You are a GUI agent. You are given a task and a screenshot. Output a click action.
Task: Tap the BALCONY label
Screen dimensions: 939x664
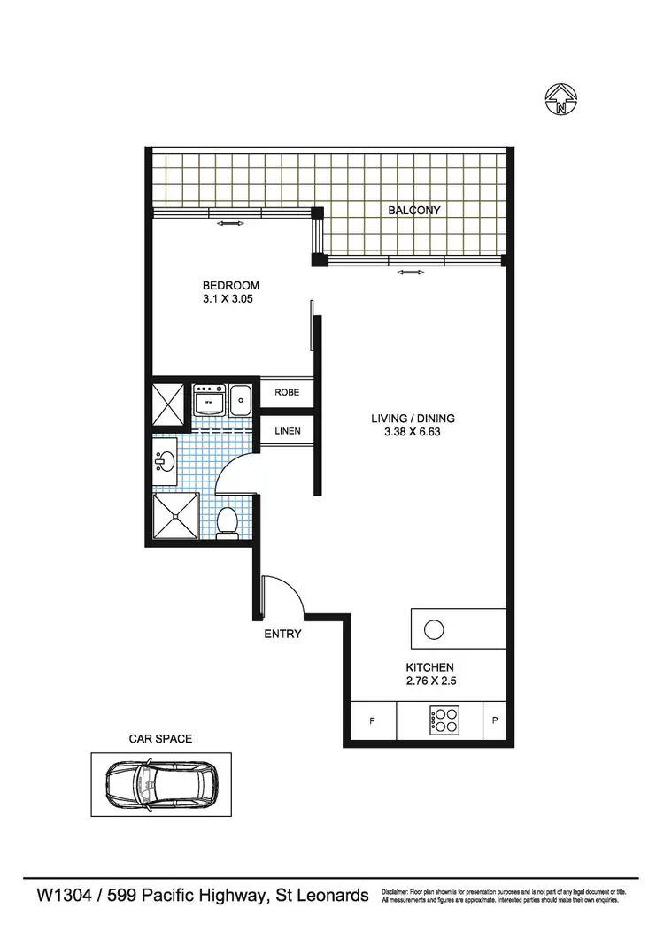pyautogui.click(x=413, y=210)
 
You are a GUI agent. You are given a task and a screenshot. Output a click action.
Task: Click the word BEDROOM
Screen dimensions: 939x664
pyautogui.click(x=230, y=285)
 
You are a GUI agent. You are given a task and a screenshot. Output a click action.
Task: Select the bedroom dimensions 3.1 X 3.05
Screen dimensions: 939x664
pyautogui.click(x=230, y=300)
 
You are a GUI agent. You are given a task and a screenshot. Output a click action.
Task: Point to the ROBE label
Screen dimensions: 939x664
pyautogui.click(x=287, y=392)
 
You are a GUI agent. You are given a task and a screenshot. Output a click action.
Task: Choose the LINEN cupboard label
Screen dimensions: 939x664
pyautogui.click(x=288, y=431)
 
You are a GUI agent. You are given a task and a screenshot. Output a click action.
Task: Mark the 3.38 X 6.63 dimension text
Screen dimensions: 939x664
pyautogui.click(x=406, y=434)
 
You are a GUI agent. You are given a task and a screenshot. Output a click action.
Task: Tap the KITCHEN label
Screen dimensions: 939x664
pyautogui.click(x=430, y=667)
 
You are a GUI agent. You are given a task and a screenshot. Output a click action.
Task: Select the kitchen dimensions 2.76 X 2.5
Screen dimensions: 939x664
pyautogui.click(x=430, y=682)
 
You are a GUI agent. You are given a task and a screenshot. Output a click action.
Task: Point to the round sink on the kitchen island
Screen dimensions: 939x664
pyautogui.click(x=433, y=629)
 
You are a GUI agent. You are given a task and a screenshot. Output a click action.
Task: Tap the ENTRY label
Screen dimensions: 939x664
pyautogui.click(x=283, y=634)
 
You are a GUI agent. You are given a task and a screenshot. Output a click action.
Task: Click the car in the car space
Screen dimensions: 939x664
pyautogui.click(x=161, y=782)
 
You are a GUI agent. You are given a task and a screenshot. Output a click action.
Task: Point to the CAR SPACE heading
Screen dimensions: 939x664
pyautogui.click(x=160, y=737)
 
